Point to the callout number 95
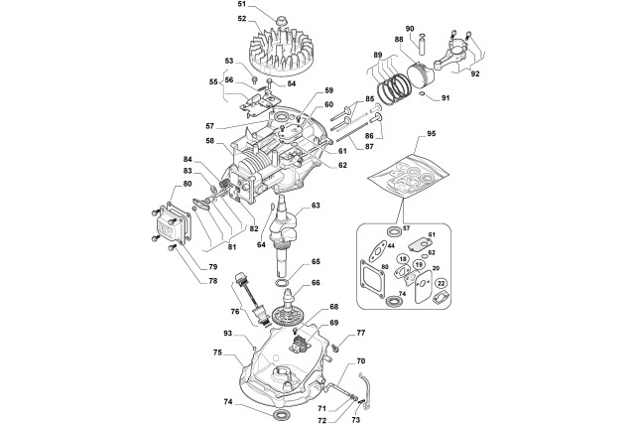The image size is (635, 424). [x=403, y=132]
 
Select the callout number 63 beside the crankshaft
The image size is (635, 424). [x=316, y=206]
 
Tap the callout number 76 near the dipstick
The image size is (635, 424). [x=234, y=311]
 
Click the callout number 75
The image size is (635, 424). [x=216, y=352]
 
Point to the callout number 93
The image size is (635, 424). [x=227, y=334]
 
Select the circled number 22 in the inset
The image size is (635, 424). [x=442, y=284]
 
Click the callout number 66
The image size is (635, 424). [x=316, y=282]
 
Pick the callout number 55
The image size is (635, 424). [x=214, y=83]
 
